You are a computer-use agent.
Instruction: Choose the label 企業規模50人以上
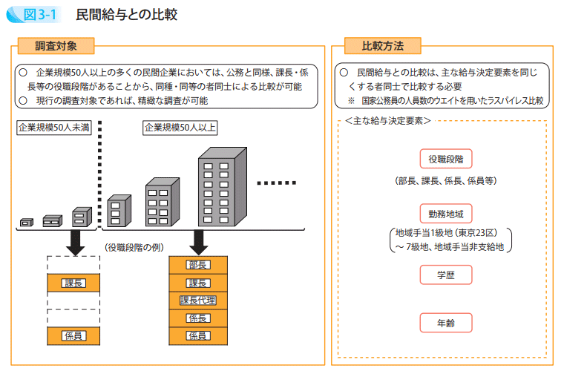coord(180,127)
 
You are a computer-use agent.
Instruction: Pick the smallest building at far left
coord(27,221)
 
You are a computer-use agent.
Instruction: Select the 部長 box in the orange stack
coord(198,265)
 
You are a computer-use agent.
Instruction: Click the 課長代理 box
coord(198,301)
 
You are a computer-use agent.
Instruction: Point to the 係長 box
coord(198,318)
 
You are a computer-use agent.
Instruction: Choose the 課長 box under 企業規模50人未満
coord(73,283)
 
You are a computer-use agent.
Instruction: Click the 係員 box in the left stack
coord(73,335)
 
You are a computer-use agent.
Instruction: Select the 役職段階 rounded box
coord(445,159)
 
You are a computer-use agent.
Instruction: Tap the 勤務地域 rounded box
coord(445,214)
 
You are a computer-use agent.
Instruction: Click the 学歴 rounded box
coord(445,274)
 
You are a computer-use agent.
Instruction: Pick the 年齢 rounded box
coord(445,323)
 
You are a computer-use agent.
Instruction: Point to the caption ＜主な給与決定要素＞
coord(388,119)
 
